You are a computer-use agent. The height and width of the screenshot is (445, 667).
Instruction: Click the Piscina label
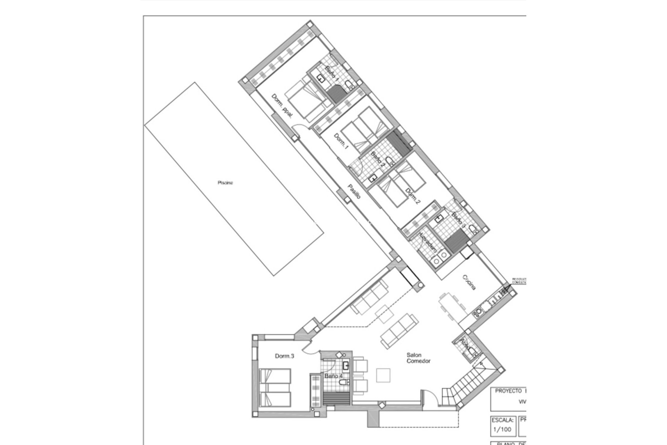click(x=225, y=183)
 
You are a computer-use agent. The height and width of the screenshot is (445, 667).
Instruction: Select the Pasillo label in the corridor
click(x=354, y=192)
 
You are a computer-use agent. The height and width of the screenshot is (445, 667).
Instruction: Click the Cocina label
click(x=469, y=282)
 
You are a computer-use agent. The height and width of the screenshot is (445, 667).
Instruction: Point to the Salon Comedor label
click(x=418, y=358)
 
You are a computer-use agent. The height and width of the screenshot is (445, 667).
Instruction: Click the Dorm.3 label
click(x=285, y=356)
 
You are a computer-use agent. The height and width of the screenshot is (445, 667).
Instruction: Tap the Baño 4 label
click(x=333, y=376)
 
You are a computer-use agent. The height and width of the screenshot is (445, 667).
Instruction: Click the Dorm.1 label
click(x=341, y=141)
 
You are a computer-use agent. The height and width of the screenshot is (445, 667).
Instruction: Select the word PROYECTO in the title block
click(x=508, y=391)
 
